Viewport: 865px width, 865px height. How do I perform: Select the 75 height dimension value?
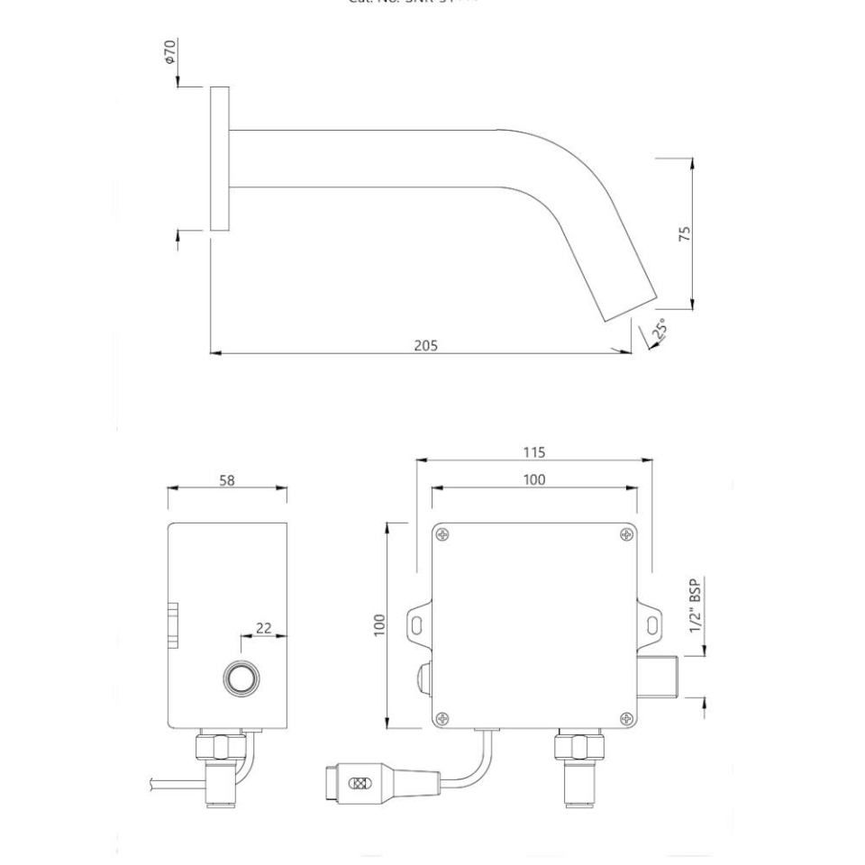pyautogui.click(x=685, y=234)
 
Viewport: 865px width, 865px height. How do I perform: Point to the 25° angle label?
pyautogui.click(x=659, y=329)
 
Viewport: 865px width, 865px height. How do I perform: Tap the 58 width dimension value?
pyautogui.click(x=227, y=481)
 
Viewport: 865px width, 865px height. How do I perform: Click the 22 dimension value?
pyautogui.click(x=263, y=628)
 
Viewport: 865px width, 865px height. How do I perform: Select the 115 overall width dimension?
pyautogui.click(x=533, y=452)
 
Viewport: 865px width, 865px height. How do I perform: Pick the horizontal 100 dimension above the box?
pyautogui.click(x=533, y=480)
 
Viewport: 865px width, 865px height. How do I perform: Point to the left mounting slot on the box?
pyautogui.click(x=418, y=622)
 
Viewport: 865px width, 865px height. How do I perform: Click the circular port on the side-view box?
pyautogui.click(x=241, y=679)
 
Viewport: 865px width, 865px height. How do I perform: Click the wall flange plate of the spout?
pyautogui.click(x=219, y=159)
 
